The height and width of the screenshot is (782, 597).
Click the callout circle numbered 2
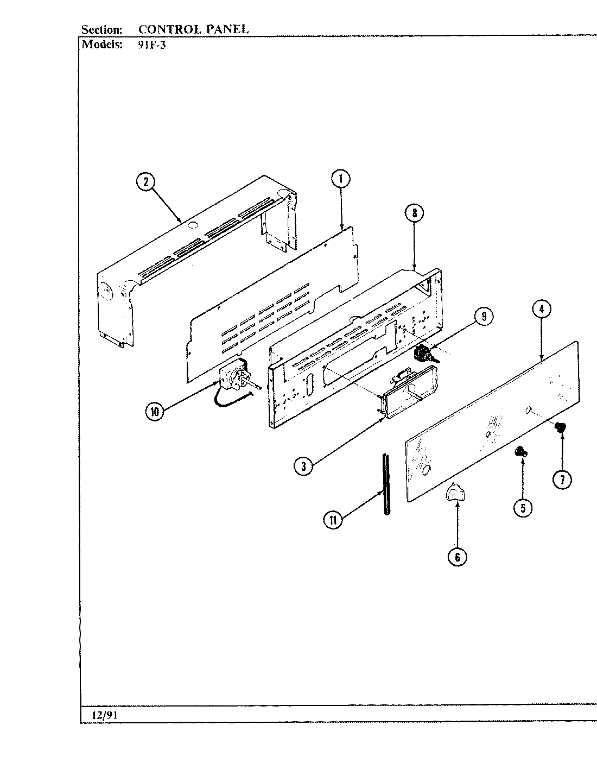tap(145, 182)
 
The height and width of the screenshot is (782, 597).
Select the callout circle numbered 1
tap(341, 179)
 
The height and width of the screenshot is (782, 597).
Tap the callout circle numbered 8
tap(414, 213)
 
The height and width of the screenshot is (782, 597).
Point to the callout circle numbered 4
tap(541, 310)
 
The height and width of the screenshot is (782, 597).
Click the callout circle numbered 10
tap(155, 412)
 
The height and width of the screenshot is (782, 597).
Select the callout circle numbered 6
tap(457, 557)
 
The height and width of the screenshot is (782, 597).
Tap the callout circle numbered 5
tap(523, 508)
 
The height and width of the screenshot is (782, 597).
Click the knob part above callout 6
tap(455, 493)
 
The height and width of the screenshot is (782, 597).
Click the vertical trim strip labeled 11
tap(386, 483)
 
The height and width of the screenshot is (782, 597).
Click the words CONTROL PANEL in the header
tap(193, 29)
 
